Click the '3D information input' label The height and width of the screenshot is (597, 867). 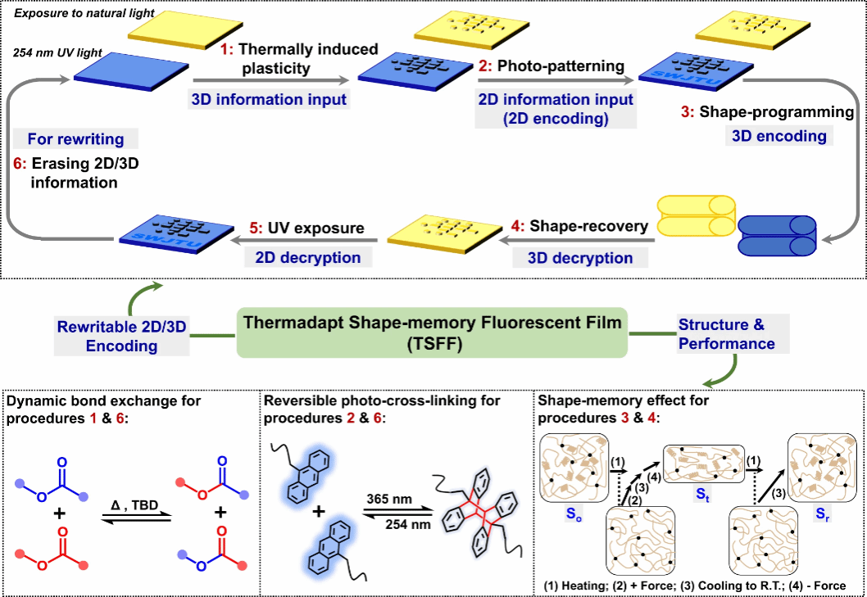point(269,100)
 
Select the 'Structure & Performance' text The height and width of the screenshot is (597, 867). point(726,333)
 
